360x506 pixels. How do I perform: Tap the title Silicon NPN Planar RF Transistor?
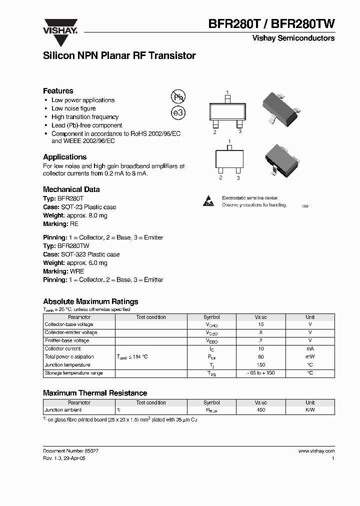point(119,56)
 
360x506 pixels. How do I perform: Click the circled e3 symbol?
point(178,113)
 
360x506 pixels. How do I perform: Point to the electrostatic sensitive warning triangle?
point(208,201)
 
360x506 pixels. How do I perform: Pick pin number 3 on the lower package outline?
point(238,177)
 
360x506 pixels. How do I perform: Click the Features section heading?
point(58,90)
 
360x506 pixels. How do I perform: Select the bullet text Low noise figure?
point(73,108)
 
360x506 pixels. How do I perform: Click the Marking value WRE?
point(77,271)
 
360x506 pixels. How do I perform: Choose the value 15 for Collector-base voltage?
point(260,324)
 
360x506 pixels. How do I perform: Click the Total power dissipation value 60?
point(260,357)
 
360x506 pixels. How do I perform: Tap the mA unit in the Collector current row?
point(310,349)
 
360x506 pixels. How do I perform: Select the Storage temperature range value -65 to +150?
point(260,373)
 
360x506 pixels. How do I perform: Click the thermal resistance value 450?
point(260,410)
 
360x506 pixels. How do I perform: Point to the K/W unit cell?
point(310,410)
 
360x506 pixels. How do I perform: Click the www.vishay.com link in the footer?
point(316,451)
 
